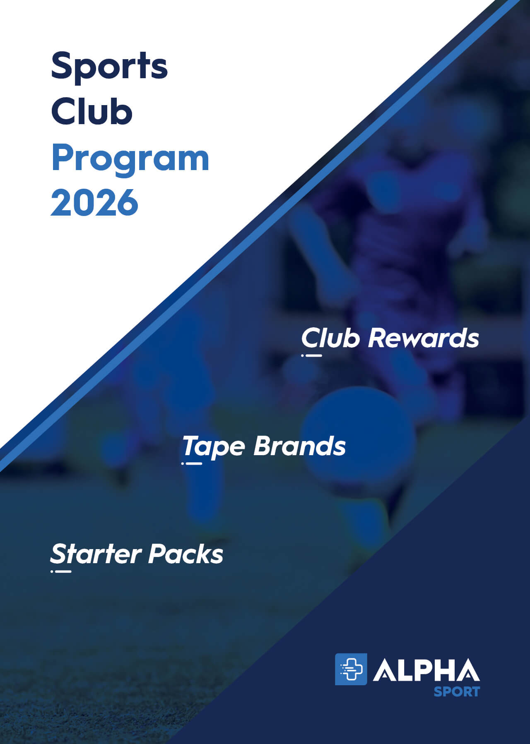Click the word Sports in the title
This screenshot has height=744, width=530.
pyautogui.click(x=109, y=66)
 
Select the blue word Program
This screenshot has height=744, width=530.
pyautogui.click(x=130, y=159)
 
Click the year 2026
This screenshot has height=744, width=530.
pyautogui.click(x=94, y=202)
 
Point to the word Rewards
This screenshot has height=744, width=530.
pyautogui.click(x=423, y=338)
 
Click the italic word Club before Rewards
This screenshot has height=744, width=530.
pyautogui.click(x=330, y=338)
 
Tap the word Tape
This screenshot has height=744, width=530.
pyautogui.click(x=214, y=447)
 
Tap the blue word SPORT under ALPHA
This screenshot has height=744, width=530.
pyautogui.click(x=456, y=691)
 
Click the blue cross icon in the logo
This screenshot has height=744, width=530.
pyautogui.click(x=351, y=669)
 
